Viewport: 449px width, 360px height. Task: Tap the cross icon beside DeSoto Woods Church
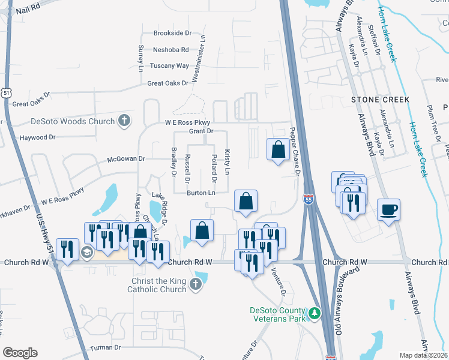124,121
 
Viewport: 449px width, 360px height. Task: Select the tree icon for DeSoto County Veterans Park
313,313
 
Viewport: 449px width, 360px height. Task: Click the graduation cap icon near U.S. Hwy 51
86,253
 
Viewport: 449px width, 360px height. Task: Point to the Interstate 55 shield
308,200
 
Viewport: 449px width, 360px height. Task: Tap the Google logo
20,352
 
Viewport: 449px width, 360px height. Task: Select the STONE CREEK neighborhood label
381,100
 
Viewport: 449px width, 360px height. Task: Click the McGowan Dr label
126,159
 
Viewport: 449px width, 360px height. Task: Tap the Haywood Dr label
37,137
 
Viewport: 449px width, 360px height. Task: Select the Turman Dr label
106,347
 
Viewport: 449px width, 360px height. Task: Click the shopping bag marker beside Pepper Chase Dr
279,150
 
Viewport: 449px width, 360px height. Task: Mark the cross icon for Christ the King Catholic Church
195,285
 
